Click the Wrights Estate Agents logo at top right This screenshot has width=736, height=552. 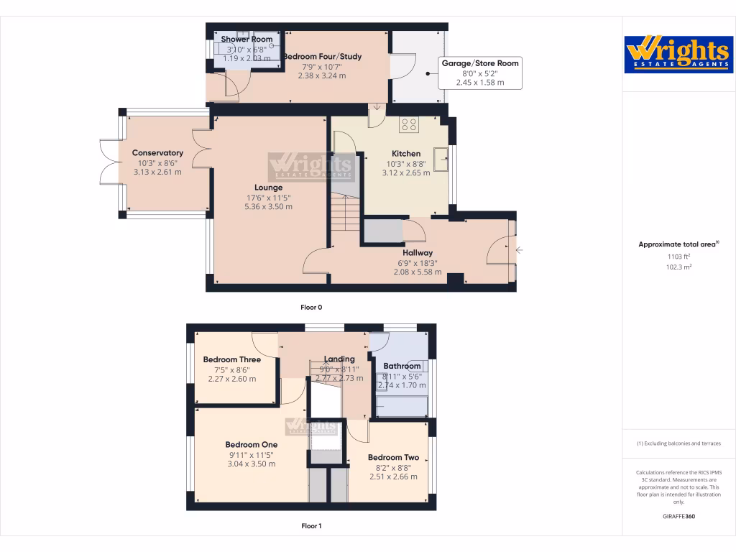678,54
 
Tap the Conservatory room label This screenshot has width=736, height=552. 157,153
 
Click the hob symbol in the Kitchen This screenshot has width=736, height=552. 410,125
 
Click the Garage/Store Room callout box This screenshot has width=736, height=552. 480,73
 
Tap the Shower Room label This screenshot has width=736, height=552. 247,40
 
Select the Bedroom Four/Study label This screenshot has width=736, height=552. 322,57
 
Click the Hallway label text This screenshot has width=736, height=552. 418,253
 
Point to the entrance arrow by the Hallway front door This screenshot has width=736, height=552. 519,250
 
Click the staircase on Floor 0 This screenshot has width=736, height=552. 344,213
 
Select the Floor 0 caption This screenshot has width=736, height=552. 311,307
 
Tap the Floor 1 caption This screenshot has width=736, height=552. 311,526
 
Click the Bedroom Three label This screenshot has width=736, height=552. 231,360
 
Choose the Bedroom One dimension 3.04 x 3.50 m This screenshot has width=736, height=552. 252,464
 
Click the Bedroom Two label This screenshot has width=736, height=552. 393,458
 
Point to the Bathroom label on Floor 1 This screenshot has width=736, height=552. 402,367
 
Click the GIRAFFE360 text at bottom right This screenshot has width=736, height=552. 678,516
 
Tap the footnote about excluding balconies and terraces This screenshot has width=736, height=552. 678,443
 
